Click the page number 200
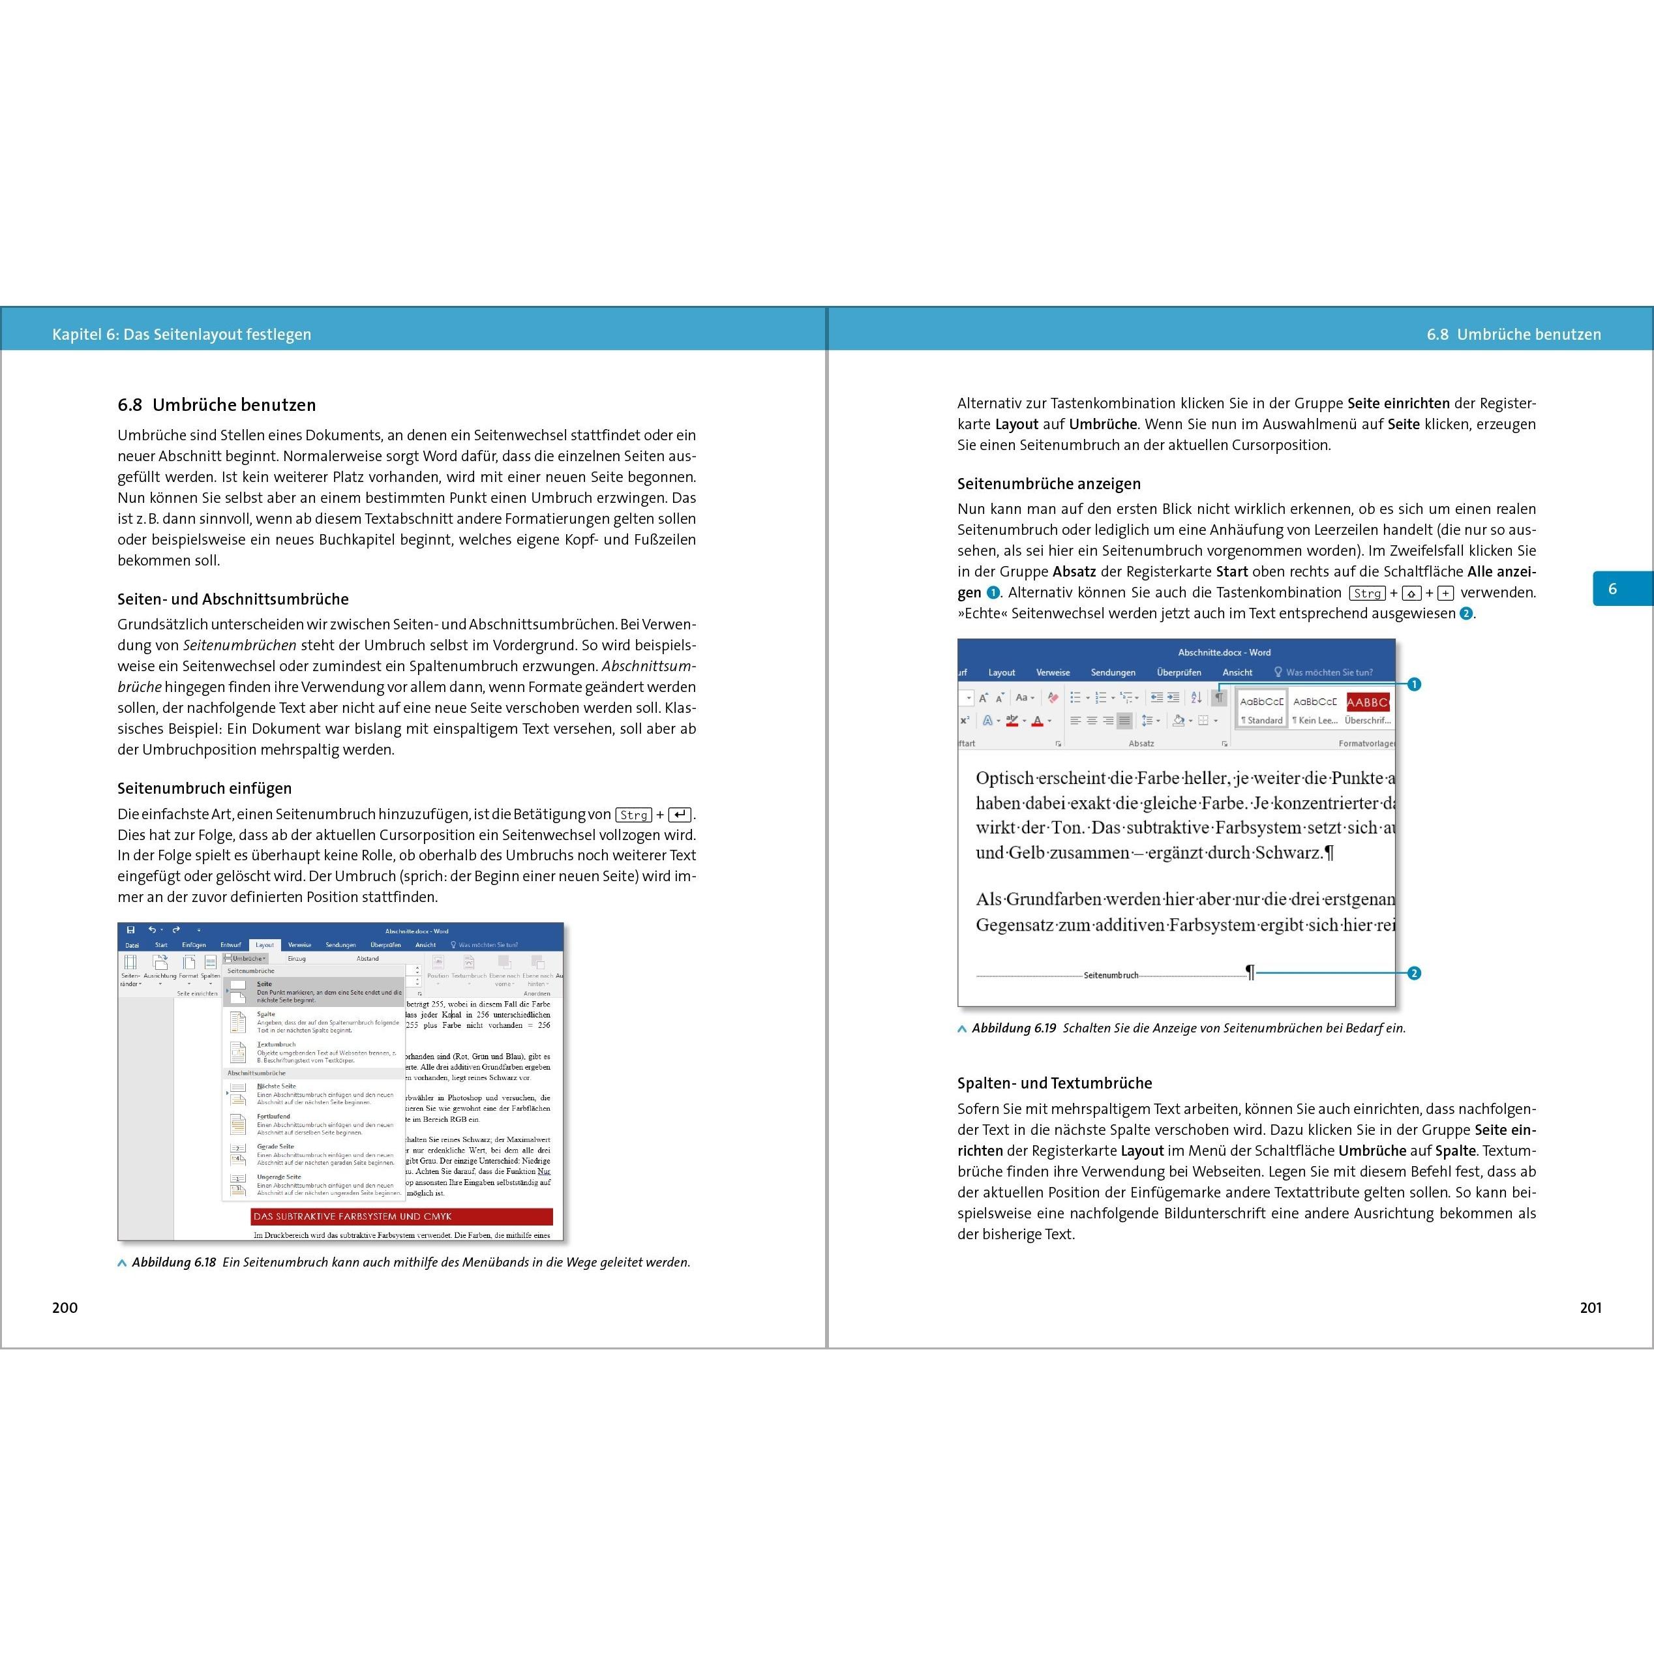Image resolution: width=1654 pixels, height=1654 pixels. point(65,1307)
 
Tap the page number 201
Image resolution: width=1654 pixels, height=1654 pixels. point(1590,1307)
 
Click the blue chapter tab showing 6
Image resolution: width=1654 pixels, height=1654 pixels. point(1613,589)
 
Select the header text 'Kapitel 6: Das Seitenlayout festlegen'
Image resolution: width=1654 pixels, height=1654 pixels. point(181,335)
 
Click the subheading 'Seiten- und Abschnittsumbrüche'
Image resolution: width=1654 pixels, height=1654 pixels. point(233,599)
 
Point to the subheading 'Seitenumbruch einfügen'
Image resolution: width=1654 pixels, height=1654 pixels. point(205,789)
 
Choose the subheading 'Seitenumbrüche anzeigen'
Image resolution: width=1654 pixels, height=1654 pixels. point(1049,484)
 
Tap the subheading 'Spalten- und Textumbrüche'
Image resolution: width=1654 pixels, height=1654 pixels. point(1055,1083)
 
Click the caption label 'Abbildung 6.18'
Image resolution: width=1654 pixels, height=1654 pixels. point(173,1262)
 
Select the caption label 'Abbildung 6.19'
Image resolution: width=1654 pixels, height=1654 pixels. point(1014,1028)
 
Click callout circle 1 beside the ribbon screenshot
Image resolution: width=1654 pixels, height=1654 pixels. point(1414,684)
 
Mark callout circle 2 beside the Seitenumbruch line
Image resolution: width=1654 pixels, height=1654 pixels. point(1414,973)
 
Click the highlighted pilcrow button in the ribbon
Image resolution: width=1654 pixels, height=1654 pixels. point(1218,698)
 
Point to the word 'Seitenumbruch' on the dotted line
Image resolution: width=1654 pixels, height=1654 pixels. point(1111,975)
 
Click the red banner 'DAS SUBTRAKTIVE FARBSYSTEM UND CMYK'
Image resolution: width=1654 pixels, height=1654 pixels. point(402,1216)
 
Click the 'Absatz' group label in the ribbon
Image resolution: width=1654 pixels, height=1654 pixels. point(1141,743)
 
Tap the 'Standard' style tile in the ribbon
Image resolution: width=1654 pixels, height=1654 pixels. point(1262,709)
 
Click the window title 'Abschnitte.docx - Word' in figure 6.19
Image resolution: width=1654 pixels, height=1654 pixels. point(1224,652)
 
